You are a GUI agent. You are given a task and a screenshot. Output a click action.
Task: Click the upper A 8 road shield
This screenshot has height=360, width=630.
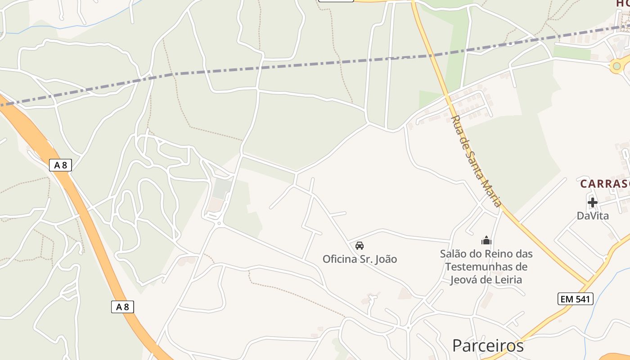tap(60, 165)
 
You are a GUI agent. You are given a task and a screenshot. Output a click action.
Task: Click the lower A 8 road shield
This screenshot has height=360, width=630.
tap(122, 307)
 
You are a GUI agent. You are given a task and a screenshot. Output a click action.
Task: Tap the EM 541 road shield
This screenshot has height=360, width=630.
tap(575, 299)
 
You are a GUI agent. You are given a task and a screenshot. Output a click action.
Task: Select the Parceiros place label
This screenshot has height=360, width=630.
tap(488, 346)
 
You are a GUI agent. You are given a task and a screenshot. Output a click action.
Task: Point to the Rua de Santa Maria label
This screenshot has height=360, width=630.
tap(476, 161)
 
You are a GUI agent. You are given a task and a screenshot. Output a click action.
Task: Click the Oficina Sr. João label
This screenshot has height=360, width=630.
tap(360, 259)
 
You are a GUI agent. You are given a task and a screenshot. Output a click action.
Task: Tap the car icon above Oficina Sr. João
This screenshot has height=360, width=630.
tap(359, 246)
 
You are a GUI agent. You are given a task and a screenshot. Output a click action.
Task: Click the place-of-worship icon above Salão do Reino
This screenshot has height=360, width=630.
tap(486, 241)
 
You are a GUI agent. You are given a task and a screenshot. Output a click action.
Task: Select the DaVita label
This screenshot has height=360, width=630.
tap(593, 216)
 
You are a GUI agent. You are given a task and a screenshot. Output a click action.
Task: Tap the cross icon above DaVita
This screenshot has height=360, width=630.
tap(592, 202)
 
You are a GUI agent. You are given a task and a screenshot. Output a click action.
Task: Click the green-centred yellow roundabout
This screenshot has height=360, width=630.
tap(616, 66)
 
